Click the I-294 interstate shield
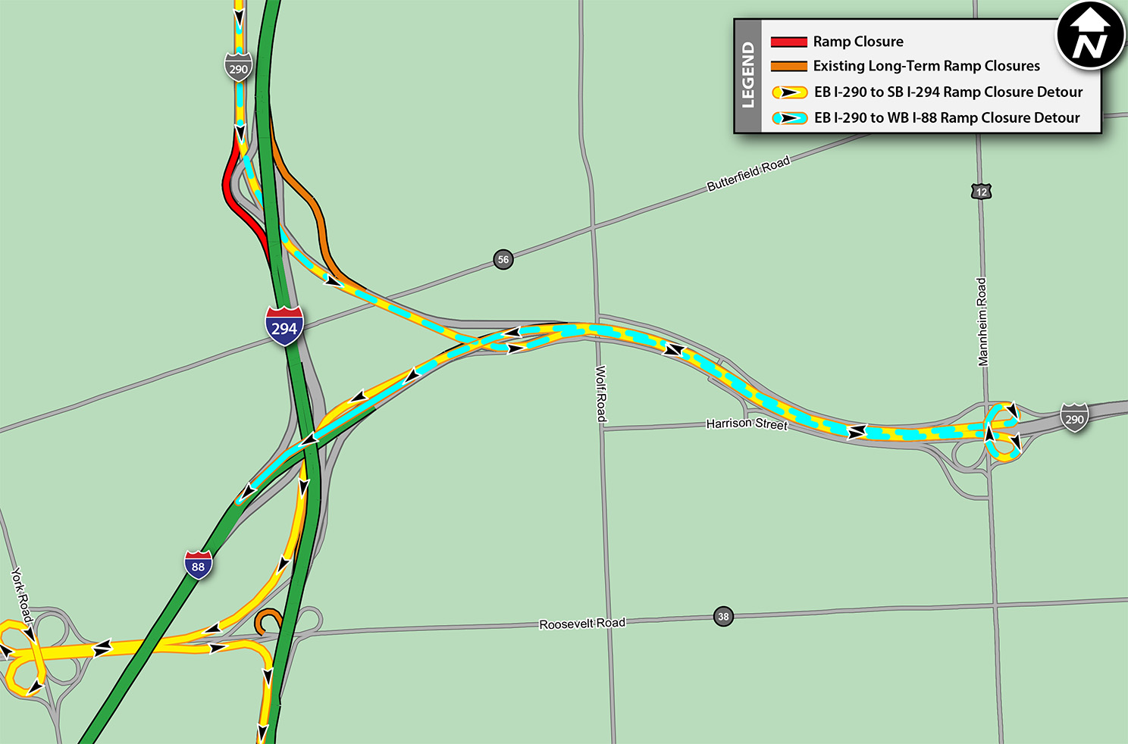click(x=284, y=327)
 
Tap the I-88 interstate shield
click(x=198, y=565)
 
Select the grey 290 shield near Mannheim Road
click(x=1074, y=418)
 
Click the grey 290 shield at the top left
click(x=238, y=68)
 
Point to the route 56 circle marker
click(x=503, y=259)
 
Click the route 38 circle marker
click(x=723, y=616)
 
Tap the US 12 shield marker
click(x=982, y=192)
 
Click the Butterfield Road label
click(x=748, y=173)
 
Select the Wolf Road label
click(x=601, y=393)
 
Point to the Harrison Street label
click(x=747, y=424)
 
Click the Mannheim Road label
click(x=982, y=321)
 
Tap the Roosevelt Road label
click(x=582, y=624)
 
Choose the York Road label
click(x=22, y=597)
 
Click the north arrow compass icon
click(x=1090, y=36)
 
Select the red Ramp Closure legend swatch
click(x=788, y=42)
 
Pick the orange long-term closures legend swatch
click(x=788, y=67)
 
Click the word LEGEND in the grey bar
click(x=748, y=76)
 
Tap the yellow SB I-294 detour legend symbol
click(x=789, y=92)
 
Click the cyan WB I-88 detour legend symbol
click(x=789, y=118)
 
